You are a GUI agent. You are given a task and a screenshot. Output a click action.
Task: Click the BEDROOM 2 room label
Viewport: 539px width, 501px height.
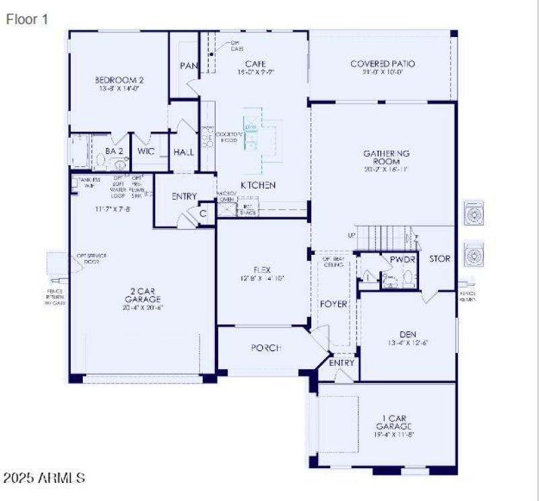pyautogui.click(x=119, y=80)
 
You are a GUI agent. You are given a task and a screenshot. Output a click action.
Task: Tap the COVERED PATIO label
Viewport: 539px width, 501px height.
pyautogui.click(x=383, y=64)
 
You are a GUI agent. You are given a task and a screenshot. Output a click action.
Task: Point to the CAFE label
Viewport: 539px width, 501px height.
pyautogui.click(x=251, y=64)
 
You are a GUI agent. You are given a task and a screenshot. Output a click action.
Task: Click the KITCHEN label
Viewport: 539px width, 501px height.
pyautogui.click(x=259, y=185)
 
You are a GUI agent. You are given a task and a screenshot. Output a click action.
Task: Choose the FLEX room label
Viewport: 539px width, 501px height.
pyautogui.click(x=262, y=270)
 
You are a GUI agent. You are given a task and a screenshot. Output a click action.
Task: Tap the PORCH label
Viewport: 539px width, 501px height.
pyautogui.click(x=266, y=348)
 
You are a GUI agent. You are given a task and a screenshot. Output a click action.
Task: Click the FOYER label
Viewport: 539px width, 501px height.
pyautogui.click(x=334, y=304)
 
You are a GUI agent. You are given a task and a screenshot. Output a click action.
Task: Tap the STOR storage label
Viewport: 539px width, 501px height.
pyautogui.click(x=440, y=259)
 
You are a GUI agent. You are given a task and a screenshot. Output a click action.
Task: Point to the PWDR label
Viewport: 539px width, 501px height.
pyautogui.click(x=403, y=259)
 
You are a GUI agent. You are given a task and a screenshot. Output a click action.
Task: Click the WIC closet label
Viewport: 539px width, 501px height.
pyautogui.click(x=146, y=151)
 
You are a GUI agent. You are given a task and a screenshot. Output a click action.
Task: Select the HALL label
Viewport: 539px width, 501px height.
pyautogui.click(x=183, y=153)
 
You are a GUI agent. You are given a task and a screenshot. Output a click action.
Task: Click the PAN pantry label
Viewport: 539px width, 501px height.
pyautogui.click(x=187, y=66)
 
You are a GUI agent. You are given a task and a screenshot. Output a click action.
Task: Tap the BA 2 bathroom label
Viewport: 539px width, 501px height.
pyautogui.click(x=114, y=151)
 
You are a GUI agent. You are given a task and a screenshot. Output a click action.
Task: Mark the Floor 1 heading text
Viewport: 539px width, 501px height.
pyautogui.click(x=27, y=20)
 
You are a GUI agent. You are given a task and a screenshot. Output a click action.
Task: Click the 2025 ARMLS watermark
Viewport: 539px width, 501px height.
pyautogui.click(x=44, y=478)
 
